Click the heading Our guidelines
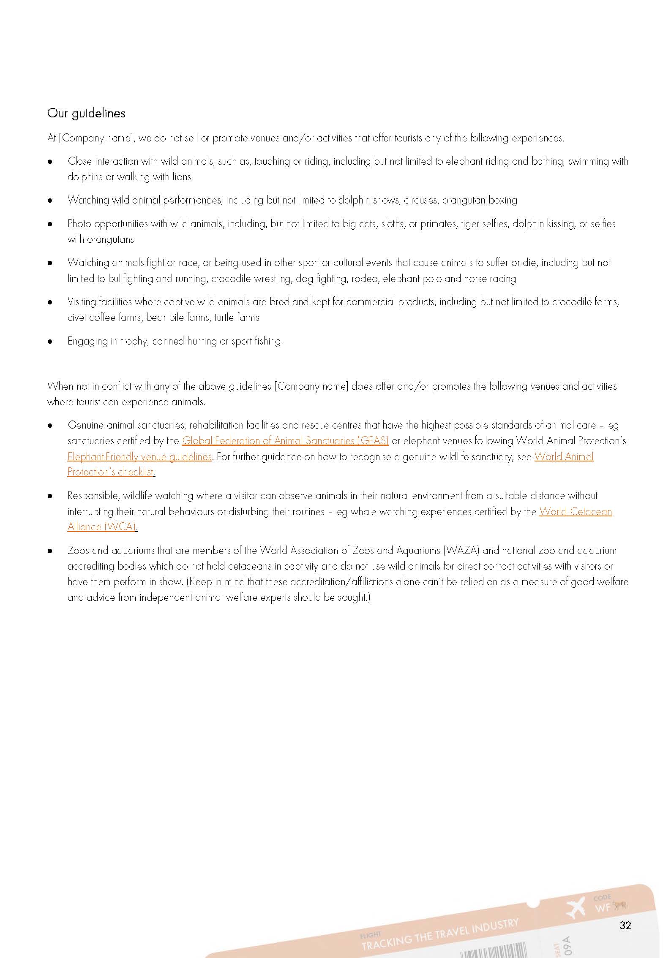(86, 113)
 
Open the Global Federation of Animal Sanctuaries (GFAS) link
(285, 441)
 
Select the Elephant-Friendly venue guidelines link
(139, 456)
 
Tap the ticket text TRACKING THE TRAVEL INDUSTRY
(439, 934)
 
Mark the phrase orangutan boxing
(480, 200)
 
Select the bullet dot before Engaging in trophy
(50, 341)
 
